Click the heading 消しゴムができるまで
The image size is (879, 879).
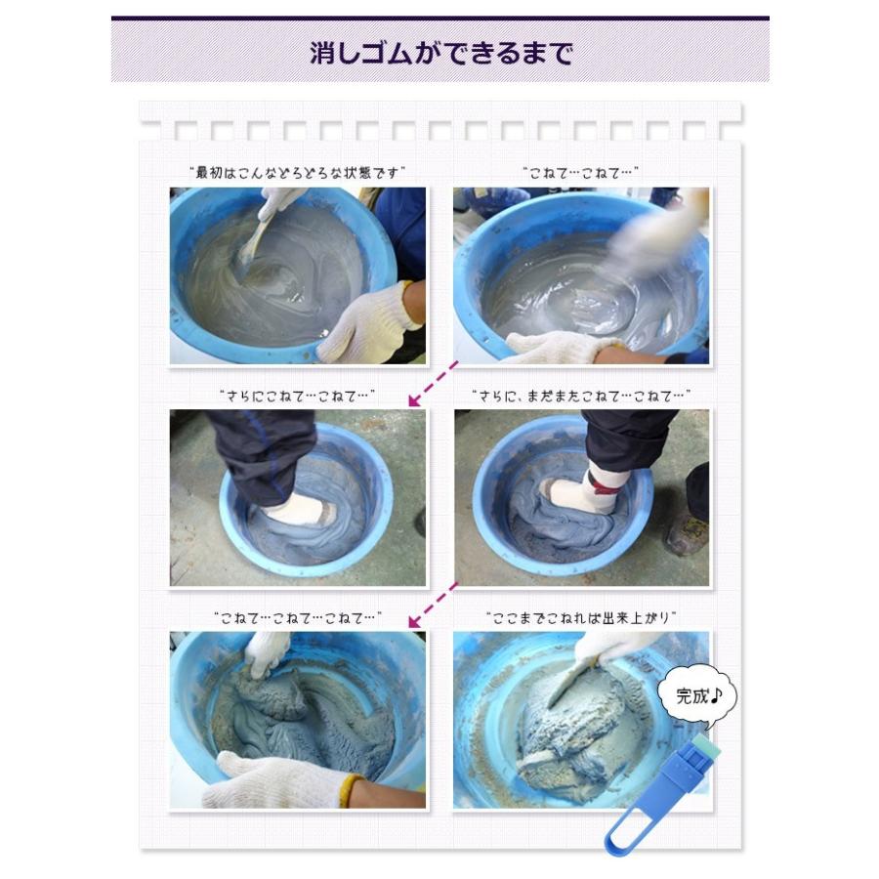click(x=440, y=54)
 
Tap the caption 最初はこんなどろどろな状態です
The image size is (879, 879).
click(x=297, y=173)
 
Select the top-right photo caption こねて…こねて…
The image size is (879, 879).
click(x=581, y=173)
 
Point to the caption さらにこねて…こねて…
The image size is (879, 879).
click(x=297, y=396)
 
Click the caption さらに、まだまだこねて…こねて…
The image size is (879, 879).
click(x=581, y=396)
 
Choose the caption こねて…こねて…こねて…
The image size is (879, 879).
click(x=298, y=618)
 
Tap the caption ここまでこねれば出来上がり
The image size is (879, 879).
click(x=581, y=618)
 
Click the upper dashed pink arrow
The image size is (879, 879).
click(x=434, y=384)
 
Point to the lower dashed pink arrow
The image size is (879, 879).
click(x=434, y=606)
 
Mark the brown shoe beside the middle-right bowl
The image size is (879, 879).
click(x=688, y=535)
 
